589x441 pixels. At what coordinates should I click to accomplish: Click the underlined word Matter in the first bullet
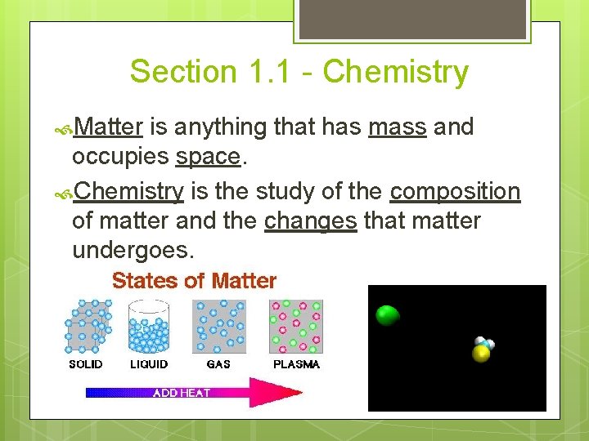click(x=109, y=127)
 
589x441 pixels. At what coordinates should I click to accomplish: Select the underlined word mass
click(x=398, y=127)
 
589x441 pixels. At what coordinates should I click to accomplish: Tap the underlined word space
click(x=208, y=156)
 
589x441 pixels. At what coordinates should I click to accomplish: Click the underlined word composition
click(x=455, y=191)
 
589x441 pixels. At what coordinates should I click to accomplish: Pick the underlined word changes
click(x=311, y=220)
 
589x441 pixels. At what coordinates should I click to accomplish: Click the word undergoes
click(x=134, y=249)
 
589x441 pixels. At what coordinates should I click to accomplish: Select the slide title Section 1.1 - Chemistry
click(x=299, y=72)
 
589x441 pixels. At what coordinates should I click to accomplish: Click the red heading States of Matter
click(x=194, y=281)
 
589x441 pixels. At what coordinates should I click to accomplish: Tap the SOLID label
click(x=86, y=364)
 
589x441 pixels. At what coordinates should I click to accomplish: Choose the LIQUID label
click(x=149, y=364)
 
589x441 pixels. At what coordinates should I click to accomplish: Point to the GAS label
click(x=218, y=364)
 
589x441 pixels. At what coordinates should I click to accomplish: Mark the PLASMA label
click(x=296, y=364)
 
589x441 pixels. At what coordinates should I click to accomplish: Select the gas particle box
click(x=218, y=326)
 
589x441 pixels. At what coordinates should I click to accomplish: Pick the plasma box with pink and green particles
click(x=296, y=326)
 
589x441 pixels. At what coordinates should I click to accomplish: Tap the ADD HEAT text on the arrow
click(x=182, y=393)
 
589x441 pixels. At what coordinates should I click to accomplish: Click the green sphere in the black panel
click(x=387, y=315)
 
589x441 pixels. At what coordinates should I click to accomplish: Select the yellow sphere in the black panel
click(x=481, y=353)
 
